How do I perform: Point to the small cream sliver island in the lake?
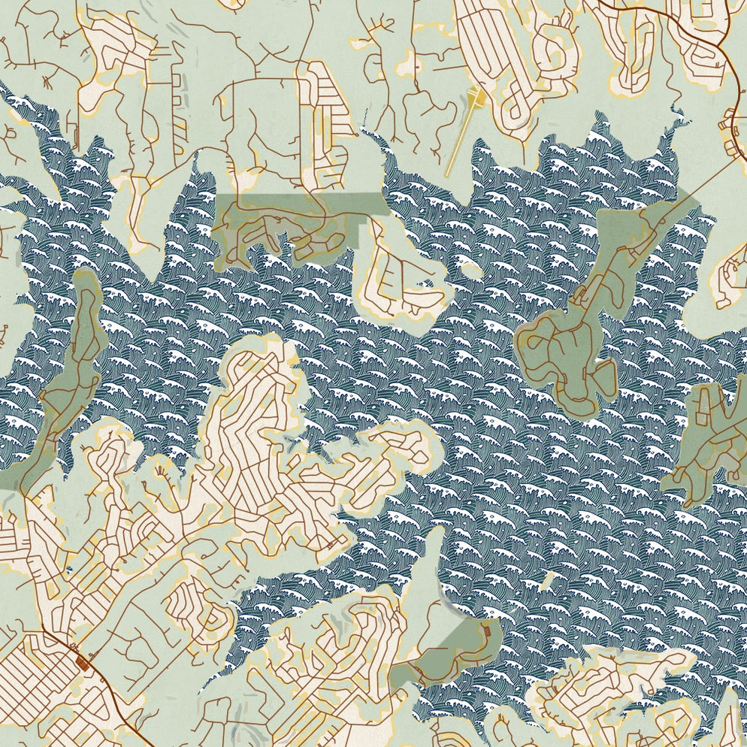coord(548,579)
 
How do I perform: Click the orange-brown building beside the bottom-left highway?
coord(83,663)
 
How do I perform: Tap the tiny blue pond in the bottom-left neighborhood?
coord(70,571)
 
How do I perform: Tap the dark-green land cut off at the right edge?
coord(714,436)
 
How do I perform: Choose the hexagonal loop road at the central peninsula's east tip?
coord(410,443)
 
